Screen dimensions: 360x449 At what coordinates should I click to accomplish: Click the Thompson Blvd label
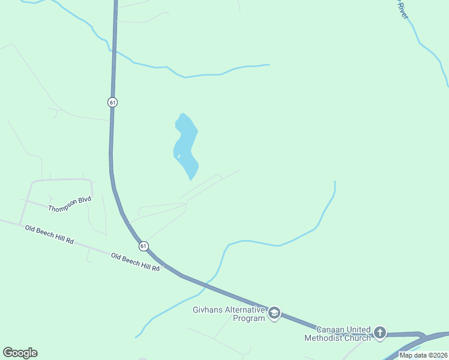pyautogui.click(x=70, y=203)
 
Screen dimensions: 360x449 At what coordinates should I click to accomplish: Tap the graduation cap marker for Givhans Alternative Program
pyautogui.click(x=274, y=313)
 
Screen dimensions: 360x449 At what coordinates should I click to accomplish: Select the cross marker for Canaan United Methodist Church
pyautogui.click(x=379, y=332)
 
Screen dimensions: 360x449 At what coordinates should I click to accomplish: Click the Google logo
pyautogui.click(x=20, y=352)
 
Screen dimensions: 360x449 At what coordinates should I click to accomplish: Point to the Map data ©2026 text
pyautogui.click(x=423, y=355)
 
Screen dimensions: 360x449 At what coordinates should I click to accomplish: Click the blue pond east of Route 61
pyautogui.click(x=187, y=144)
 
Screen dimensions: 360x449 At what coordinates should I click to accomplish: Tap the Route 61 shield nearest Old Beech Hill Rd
pyautogui.click(x=143, y=246)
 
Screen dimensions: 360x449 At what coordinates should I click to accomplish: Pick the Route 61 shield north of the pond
pyautogui.click(x=112, y=102)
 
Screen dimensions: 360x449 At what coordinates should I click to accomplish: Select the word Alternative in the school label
pyautogui.click(x=246, y=310)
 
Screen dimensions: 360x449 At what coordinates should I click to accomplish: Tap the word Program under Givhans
pyautogui.click(x=248, y=318)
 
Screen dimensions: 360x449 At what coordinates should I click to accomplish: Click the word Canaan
pyautogui.click(x=331, y=329)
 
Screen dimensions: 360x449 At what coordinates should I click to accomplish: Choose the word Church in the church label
pyautogui.click(x=358, y=338)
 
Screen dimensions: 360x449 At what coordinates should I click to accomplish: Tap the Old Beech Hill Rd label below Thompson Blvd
pyautogui.click(x=49, y=235)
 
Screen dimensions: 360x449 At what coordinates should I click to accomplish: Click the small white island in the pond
pyautogui.click(x=179, y=157)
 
